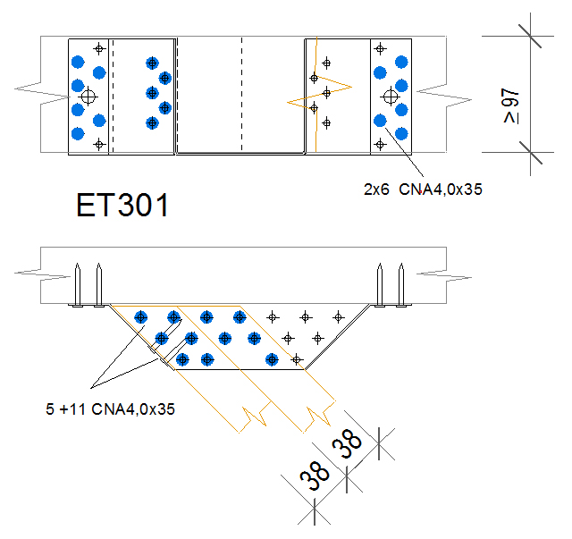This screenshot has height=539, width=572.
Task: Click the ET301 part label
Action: coord(122,206)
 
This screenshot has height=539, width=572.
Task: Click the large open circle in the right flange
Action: coord(389,96)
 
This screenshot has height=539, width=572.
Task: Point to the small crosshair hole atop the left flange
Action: coord(99,48)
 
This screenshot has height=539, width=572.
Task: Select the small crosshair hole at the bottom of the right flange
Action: coord(379,143)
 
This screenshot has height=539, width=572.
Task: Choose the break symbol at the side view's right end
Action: coord(433,267)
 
